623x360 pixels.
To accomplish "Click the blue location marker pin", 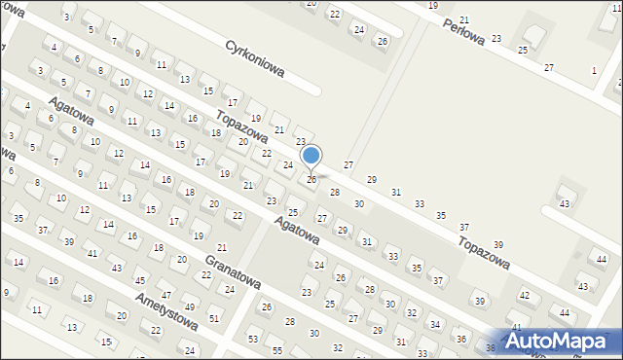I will pyautogui.click(x=311, y=156).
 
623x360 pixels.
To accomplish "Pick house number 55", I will pyautogui.click(x=276, y=350).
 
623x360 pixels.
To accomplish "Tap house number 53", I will pyautogui.click(x=253, y=339).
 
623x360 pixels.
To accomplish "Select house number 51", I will pyautogui.click(x=214, y=318).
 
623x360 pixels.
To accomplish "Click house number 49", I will pyautogui.click(x=189, y=307).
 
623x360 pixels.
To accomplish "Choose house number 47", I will pyautogui.click(x=165, y=294).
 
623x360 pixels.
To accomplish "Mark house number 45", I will pyautogui.click(x=140, y=280).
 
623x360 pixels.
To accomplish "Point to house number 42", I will pyautogui.click(x=524, y=294).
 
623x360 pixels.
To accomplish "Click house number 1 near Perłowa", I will pyautogui.click(x=594, y=70).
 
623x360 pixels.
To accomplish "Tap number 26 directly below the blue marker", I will pyautogui.click(x=311, y=180).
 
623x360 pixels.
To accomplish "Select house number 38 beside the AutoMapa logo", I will pyautogui.click(x=490, y=347).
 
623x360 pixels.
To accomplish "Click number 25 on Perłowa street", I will pyautogui.click(x=523, y=49).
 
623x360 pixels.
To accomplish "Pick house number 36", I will pyautogui.click(x=461, y=339).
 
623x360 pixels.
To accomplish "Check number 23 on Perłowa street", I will pyautogui.click(x=496, y=38).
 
